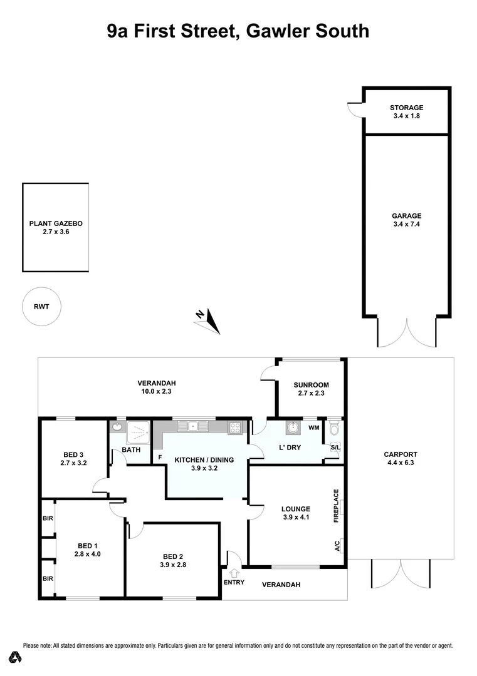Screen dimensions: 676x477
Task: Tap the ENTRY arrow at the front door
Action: [x=235, y=572]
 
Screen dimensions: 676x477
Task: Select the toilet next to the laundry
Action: [x=335, y=430]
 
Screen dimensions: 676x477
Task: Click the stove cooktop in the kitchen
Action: [x=236, y=428]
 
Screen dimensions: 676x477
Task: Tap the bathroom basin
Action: [x=117, y=428]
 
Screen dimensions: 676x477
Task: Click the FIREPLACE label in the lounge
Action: [x=337, y=506]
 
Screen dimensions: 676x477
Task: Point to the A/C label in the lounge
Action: [x=337, y=545]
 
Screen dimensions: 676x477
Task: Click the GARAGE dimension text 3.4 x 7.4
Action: [x=407, y=223]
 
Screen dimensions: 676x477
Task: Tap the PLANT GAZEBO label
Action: [x=56, y=223]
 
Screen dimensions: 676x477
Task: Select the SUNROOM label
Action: [x=311, y=385]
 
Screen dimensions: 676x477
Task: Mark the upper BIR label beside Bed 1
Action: [x=48, y=519]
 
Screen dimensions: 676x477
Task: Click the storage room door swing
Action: [x=355, y=110]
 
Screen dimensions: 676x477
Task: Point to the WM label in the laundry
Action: [x=314, y=428]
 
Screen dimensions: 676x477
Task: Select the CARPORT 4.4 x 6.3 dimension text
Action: [x=402, y=464]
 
